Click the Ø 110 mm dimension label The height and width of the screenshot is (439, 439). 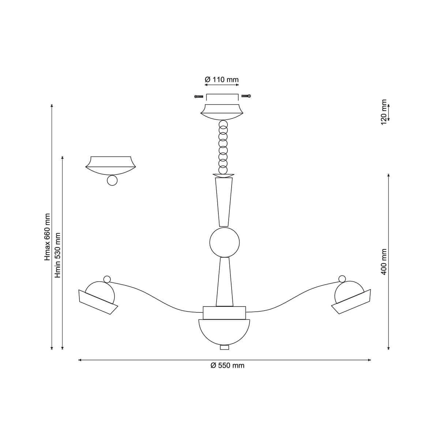pos(221,80)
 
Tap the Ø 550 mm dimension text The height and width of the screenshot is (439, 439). pos(227,365)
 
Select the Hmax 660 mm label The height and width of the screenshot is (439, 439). pos(48,237)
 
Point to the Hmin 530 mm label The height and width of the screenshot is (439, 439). pos(58,255)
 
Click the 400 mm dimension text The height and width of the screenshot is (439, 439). pos(384,262)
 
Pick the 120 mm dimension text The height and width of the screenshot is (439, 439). pos(384,112)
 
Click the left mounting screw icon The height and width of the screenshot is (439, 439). pos(199,97)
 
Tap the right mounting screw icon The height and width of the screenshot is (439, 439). pos(246,96)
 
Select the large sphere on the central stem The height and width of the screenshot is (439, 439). pos(224,242)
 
